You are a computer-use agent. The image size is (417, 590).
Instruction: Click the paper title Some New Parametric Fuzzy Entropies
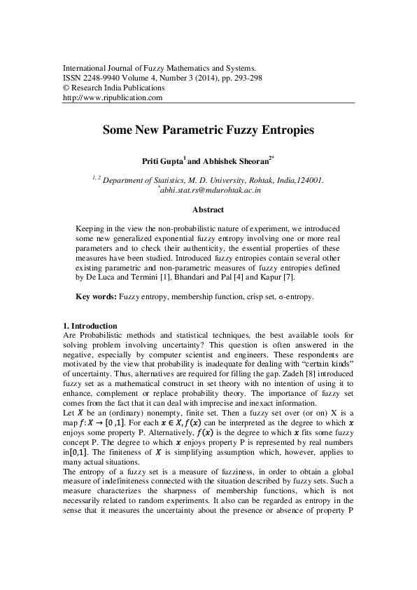point(208,130)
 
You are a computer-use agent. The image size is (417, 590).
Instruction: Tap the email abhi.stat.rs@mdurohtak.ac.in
point(210,189)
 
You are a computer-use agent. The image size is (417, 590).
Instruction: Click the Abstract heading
point(208,210)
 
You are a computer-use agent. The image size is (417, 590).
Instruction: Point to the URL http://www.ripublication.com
point(113,98)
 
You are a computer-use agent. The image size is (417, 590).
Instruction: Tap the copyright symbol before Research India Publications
point(66,88)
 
